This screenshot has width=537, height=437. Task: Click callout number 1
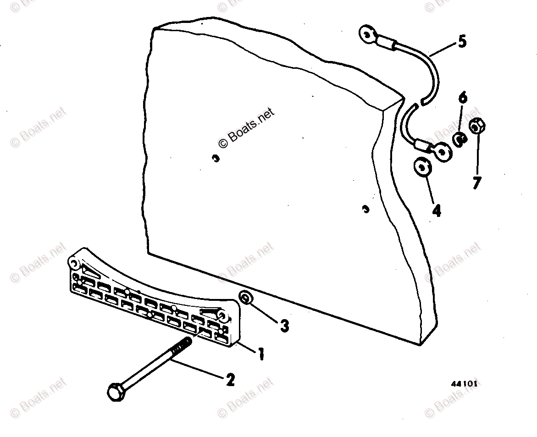[x=260, y=354]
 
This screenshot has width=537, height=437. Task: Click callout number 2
[x=229, y=380]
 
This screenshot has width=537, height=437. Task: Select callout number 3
[x=284, y=326]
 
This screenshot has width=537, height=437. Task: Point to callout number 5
[x=462, y=42]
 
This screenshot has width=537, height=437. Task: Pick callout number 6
[x=462, y=97]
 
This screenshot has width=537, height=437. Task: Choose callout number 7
[x=477, y=183]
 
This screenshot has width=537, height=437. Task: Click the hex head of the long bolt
[x=114, y=393]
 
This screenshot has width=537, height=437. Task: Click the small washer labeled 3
[x=246, y=299]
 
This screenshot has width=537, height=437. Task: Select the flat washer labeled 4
[x=422, y=167]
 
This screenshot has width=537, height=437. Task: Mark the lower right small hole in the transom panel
[x=365, y=209]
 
